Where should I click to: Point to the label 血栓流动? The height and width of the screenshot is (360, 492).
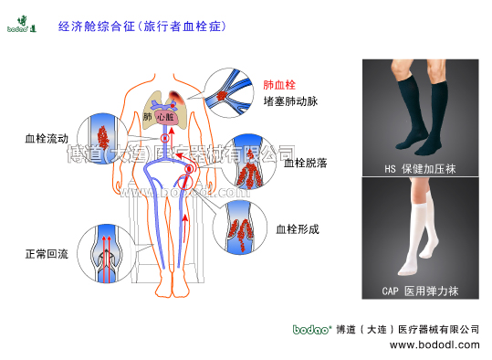pos(45,141)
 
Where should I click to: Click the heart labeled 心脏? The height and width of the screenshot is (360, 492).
pos(165,117)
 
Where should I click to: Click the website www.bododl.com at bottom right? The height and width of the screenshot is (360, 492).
pos(434,345)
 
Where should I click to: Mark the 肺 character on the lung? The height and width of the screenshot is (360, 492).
pos(148,117)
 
